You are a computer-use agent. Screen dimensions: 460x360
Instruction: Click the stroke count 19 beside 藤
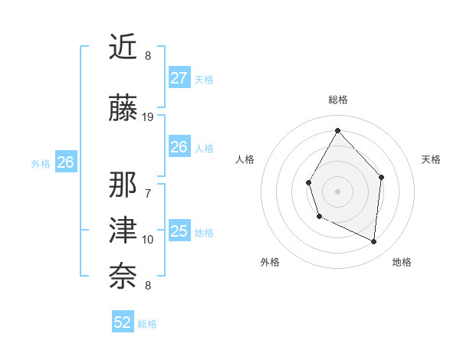148,116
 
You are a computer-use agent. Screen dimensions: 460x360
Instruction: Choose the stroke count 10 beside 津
148,239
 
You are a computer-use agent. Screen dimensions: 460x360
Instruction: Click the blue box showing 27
179,78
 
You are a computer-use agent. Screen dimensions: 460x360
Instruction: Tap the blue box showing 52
123,322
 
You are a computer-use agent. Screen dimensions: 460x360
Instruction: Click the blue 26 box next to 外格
65,162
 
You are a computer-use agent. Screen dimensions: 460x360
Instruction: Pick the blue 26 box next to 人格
179,147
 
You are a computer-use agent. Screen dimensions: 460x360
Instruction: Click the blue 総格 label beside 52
147,324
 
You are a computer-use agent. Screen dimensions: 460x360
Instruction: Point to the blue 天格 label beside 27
204,80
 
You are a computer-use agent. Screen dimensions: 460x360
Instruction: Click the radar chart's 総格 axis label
337,100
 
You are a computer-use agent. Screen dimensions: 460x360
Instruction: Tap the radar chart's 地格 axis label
402,262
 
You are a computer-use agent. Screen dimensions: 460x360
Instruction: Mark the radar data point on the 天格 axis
382,177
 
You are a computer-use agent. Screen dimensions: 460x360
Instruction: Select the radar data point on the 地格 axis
374,241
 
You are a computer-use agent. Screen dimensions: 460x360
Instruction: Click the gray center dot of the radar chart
337,190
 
